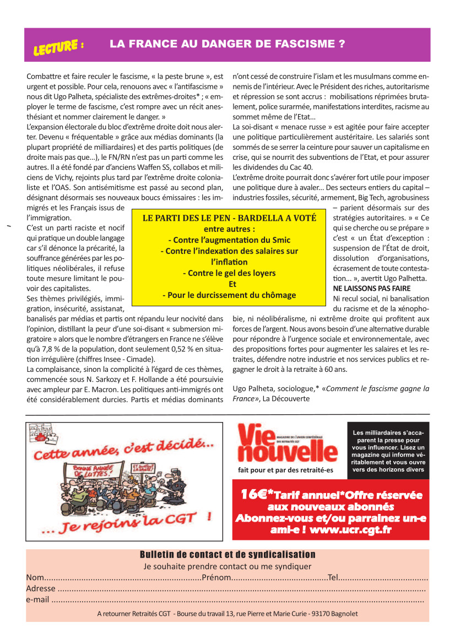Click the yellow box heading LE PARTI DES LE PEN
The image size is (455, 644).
(229, 218)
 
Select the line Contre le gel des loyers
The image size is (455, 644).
(229, 273)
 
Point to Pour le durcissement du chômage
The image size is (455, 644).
(229, 295)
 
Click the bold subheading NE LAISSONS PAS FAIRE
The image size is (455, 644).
(371, 288)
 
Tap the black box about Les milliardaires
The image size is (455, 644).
(388, 451)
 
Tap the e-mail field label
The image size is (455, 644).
(37, 599)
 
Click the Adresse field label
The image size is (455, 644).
(41, 588)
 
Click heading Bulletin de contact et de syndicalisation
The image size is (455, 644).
(227, 555)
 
